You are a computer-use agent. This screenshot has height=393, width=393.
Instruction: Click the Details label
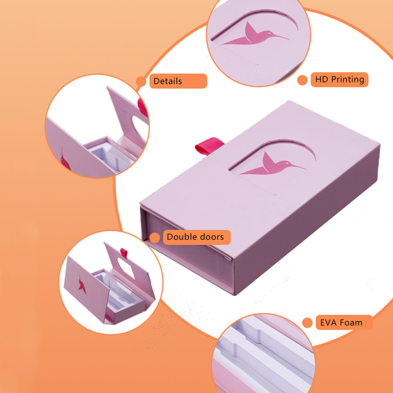(178, 81)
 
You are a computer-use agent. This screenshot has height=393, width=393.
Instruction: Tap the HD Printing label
(339, 79)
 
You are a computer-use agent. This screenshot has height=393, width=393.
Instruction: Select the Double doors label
(196, 237)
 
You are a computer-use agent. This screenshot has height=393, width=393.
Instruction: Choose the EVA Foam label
(344, 322)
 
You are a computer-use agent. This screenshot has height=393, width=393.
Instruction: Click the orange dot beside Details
(141, 81)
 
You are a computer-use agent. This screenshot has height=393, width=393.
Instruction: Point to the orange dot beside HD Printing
(302, 80)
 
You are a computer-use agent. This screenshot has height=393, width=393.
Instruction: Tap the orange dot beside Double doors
(155, 238)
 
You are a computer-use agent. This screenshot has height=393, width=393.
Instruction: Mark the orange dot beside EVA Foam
(307, 322)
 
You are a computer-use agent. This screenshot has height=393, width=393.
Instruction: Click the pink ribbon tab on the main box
(210, 145)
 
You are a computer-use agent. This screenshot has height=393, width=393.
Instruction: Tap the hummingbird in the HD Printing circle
(255, 35)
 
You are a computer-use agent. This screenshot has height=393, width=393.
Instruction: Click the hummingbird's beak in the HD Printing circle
(280, 37)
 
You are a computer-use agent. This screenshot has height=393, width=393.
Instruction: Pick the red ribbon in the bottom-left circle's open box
(124, 253)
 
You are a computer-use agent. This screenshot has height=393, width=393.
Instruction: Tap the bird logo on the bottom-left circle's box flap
(83, 285)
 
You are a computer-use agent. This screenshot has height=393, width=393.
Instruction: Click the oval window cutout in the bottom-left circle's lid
(126, 268)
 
